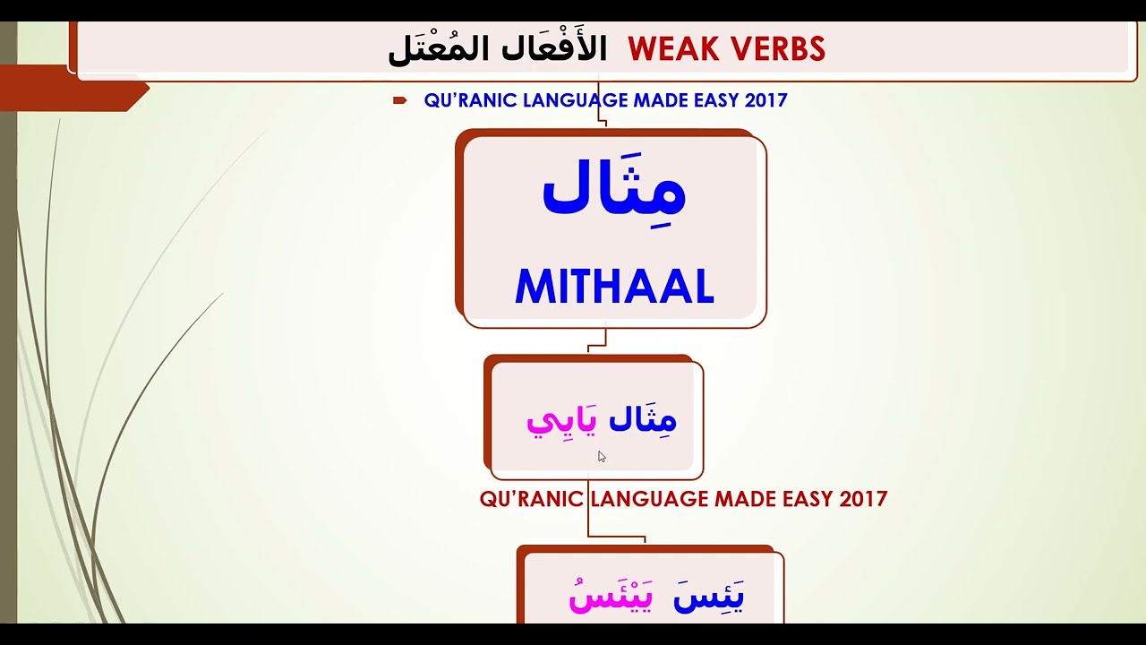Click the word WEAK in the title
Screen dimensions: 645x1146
(675, 49)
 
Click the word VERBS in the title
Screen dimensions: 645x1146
(776, 49)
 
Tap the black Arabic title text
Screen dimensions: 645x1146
(497, 49)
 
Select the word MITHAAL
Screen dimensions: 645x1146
(614, 287)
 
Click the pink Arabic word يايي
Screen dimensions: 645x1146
(561, 420)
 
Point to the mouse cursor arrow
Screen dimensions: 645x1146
(602, 457)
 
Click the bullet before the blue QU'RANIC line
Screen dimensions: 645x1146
(400, 100)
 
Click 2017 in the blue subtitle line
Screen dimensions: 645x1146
(765, 100)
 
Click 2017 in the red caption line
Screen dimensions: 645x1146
(864, 499)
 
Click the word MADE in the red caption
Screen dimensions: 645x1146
(746, 499)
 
